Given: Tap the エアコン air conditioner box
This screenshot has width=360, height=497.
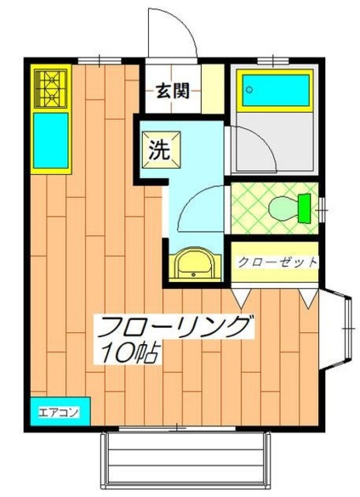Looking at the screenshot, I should click(x=59, y=411).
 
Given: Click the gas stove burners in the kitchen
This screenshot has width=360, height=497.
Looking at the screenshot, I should click(x=50, y=88).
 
